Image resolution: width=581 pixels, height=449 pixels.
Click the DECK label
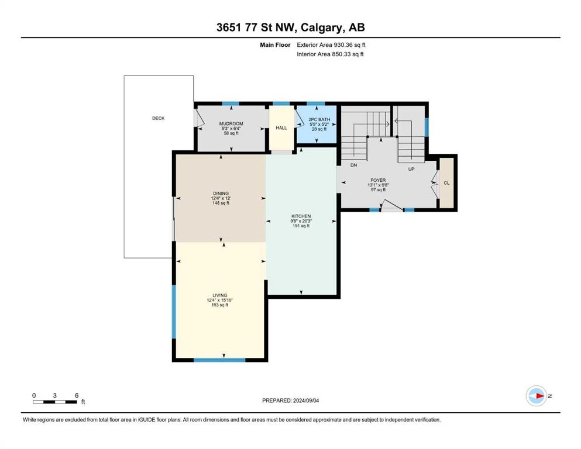pyautogui.click(x=158, y=118)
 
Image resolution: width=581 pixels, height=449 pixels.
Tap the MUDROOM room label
pyautogui.click(x=231, y=123)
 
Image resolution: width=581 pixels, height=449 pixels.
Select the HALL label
pyautogui.click(x=281, y=127)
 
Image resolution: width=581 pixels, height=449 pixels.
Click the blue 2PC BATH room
pyautogui.click(x=317, y=125)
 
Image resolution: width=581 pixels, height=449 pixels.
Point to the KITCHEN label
pyautogui.click(x=301, y=216)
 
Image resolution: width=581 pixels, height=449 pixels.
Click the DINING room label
pyautogui.click(x=221, y=193)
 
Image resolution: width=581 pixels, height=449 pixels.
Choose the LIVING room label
pyautogui.click(x=220, y=295)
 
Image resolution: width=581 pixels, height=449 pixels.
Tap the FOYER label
pyautogui.click(x=378, y=180)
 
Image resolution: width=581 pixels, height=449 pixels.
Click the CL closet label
pyautogui.click(x=446, y=183)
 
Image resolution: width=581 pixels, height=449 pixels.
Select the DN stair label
pyautogui.click(x=353, y=165)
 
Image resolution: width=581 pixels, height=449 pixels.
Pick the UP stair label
pyautogui.click(x=411, y=169)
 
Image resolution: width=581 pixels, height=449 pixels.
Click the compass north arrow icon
pyautogui.click(x=537, y=396)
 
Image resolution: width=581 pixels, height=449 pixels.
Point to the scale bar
pyautogui.click(x=55, y=402)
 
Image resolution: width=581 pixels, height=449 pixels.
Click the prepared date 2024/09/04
pyautogui.click(x=306, y=400)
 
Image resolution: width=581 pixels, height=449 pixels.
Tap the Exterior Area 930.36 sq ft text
pyautogui.click(x=331, y=45)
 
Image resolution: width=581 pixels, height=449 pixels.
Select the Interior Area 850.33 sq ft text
pyautogui.click(x=330, y=54)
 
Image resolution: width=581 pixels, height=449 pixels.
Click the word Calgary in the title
pyautogui.click(x=322, y=27)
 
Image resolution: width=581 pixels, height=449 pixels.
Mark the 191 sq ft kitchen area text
pyautogui.click(x=301, y=226)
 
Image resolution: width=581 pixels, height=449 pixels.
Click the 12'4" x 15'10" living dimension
pyautogui.click(x=220, y=300)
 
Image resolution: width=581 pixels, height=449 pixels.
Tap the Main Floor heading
pyautogui.click(x=275, y=45)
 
